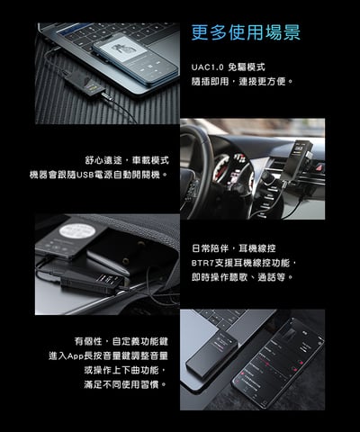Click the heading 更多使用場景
coord(246,33)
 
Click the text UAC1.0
coord(208,67)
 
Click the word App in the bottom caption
coord(79,356)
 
